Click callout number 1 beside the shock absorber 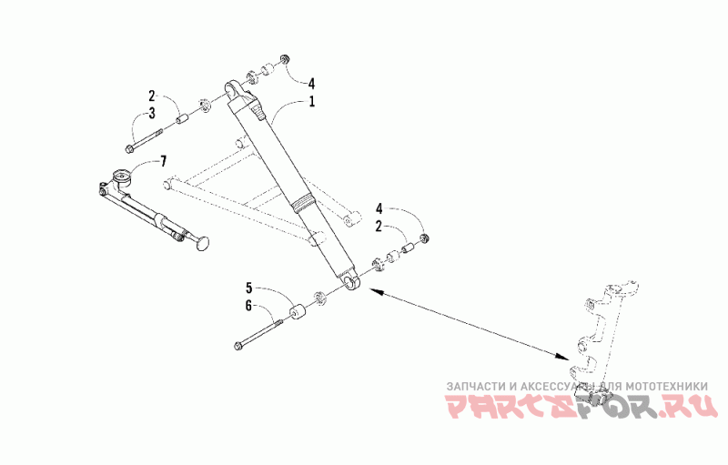coord(312,101)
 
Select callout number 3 coord(152,113)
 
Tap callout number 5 coord(248,288)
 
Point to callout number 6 coord(248,306)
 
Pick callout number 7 coord(163,161)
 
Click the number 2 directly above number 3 coord(152,96)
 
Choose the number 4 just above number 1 coord(311,84)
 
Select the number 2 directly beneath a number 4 coord(379,227)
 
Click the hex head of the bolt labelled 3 coord(129,148)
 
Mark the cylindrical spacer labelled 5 coord(297,312)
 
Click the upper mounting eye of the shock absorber coord(232,89)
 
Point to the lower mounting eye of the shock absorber coord(351,281)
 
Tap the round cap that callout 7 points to coord(123,177)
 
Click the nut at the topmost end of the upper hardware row coord(284,60)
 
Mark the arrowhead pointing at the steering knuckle coord(561,356)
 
